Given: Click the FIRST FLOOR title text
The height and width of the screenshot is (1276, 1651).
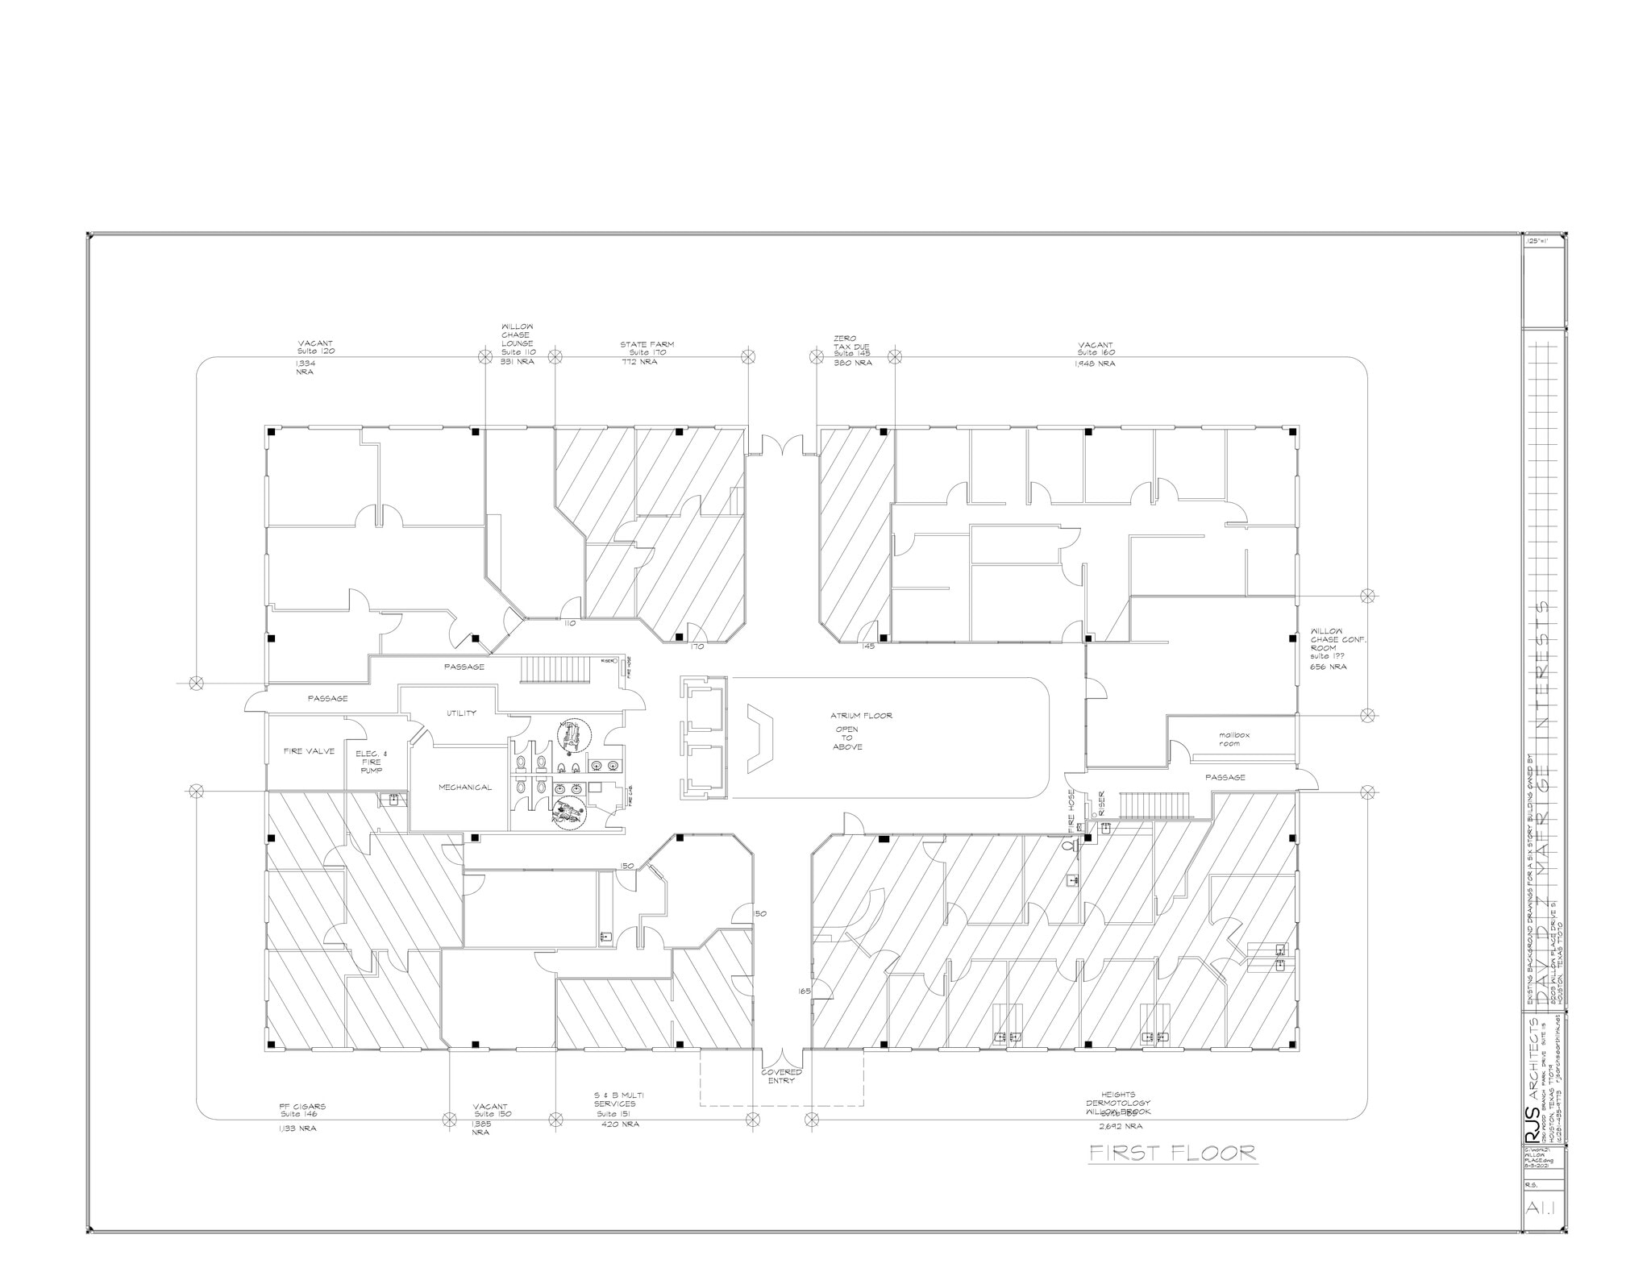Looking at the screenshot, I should coord(1172,1153).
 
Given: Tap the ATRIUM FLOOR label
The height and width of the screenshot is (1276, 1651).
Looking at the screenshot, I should coord(861,715).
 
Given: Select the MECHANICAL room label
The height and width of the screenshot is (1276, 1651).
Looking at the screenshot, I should coord(464,787).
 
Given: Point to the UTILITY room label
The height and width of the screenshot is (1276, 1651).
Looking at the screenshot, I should coord(461,713).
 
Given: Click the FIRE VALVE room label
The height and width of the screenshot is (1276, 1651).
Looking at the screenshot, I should coord(309,751).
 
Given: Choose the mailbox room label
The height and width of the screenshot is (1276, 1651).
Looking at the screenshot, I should coord(1233,739).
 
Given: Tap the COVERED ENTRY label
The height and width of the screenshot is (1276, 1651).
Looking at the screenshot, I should coord(782,1076).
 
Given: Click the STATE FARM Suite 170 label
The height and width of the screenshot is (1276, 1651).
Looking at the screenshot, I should coord(647,348).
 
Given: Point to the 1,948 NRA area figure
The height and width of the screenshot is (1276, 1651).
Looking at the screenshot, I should coord(1095,364).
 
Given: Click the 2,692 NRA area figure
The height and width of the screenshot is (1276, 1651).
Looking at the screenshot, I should coord(1120,1126).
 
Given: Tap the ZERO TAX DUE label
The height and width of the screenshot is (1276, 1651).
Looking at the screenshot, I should coord(853,346).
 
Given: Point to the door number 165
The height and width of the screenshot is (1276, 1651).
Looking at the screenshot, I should coord(804,991).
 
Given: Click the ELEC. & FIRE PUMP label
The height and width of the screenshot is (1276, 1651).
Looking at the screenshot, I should coord(371,762).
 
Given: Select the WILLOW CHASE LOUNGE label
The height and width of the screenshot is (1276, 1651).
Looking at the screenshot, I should coord(517,339).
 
